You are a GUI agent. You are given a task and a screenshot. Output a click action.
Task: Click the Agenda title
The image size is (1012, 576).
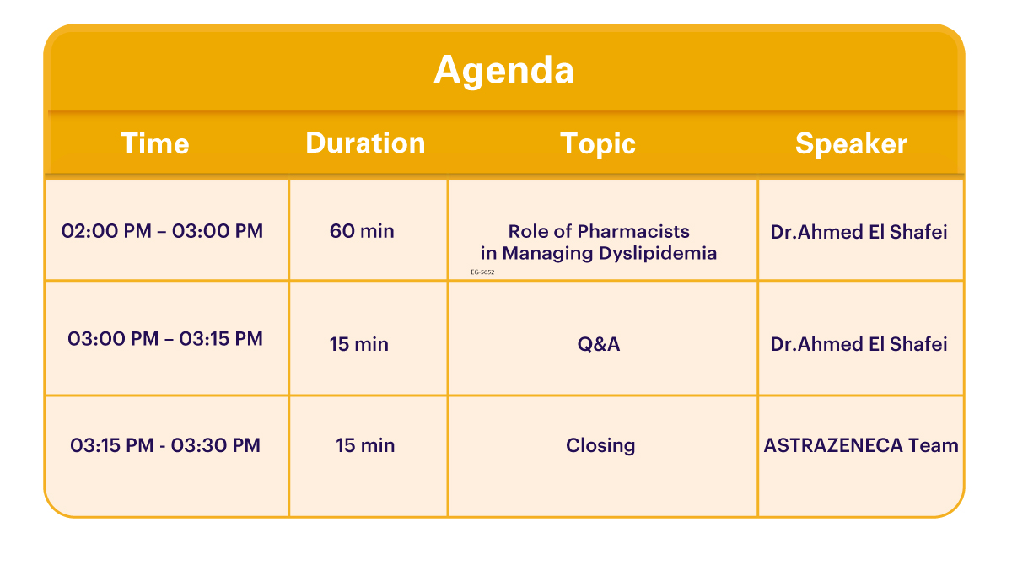click(x=503, y=71)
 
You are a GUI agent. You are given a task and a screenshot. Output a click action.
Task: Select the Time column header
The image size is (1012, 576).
click(x=155, y=143)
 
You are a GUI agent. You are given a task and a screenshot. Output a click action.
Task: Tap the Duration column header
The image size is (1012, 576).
click(x=365, y=143)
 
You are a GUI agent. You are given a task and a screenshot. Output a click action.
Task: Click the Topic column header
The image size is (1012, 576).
click(x=598, y=144)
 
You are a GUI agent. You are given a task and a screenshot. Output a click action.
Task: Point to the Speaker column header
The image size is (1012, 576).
click(x=851, y=144)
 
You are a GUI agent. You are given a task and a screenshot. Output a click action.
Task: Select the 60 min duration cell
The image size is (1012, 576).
click(x=362, y=231)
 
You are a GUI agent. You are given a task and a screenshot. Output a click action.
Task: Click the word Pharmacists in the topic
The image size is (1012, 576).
click(x=633, y=231)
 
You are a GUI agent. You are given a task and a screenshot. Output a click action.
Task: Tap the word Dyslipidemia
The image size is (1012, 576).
click(x=658, y=254)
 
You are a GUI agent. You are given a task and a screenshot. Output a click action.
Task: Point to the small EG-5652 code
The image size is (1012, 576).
click(x=482, y=272)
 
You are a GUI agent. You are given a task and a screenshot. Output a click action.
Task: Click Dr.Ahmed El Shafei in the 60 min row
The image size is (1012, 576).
click(x=859, y=232)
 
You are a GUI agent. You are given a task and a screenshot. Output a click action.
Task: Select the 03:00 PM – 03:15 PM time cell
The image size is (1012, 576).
click(x=165, y=339)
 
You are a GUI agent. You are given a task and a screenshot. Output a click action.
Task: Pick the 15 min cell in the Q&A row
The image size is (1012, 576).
click(x=358, y=344)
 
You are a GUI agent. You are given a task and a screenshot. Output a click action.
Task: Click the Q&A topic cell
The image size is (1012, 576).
click(x=599, y=344)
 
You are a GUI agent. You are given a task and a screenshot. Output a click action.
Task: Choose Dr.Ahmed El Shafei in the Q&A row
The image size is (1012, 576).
click(x=859, y=344)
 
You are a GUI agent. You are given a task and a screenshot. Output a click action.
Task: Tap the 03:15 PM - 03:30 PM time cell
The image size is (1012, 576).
click(x=165, y=445)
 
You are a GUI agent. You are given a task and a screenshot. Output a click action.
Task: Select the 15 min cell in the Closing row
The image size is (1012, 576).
click(x=365, y=445)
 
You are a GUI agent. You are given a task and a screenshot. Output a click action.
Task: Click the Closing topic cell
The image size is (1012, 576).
click(x=600, y=446)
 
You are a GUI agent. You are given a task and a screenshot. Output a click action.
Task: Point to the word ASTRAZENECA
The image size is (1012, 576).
click(x=833, y=445)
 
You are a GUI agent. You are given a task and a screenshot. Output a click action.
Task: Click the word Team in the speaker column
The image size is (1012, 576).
click(x=934, y=445)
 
